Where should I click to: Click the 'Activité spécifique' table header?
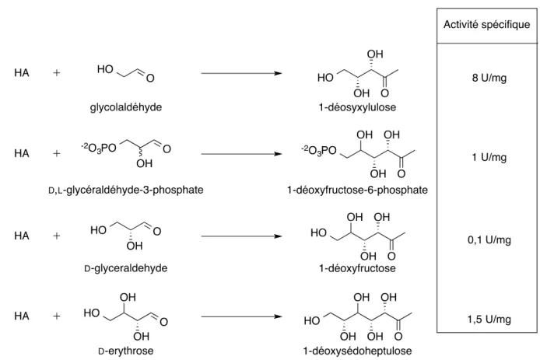click(486, 25)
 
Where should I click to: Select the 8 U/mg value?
click(489, 78)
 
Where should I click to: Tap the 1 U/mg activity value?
click(489, 157)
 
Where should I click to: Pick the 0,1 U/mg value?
click(489, 239)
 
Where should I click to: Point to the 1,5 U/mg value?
click(489, 319)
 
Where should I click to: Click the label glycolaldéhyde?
click(126, 107)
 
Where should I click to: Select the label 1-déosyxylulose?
click(357, 107)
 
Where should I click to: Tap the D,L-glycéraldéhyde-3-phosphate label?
click(126, 190)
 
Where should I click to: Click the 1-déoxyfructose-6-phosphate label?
click(357, 190)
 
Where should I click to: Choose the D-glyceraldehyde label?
click(126, 268)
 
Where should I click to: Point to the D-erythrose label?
click(126, 351)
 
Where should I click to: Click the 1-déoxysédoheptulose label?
click(357, 351)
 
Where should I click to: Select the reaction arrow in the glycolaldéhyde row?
click(241, 73)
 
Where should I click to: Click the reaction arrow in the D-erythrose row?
click(241, 316)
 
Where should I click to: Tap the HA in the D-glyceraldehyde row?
click(22, 236)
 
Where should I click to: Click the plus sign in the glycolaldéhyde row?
click(57, 73)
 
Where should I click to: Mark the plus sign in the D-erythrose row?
click(57, 316)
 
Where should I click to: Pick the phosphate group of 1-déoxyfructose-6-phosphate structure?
click(318, 150)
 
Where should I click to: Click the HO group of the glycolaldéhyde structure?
click(105, 69)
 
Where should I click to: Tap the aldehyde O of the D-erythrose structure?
click(163, 322)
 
